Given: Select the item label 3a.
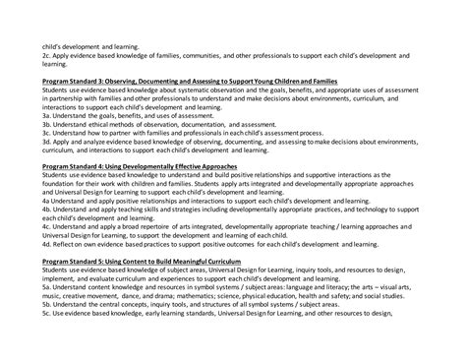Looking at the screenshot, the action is tap(46, 114).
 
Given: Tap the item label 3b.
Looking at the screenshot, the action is tap(46, 123).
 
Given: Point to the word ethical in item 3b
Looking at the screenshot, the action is tap(104, 123).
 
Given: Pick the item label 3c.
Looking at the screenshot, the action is tap(46, 132).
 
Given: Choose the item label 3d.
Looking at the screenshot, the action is tap(46, 142).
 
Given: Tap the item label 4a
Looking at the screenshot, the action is tap(46, 197).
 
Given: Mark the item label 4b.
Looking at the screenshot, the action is tap(46, 206).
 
